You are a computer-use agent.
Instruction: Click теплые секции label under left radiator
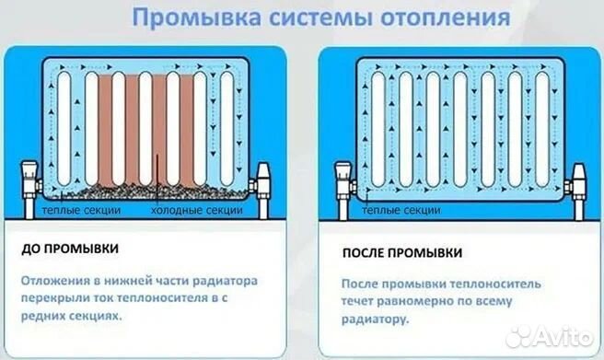tap(80, 211)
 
